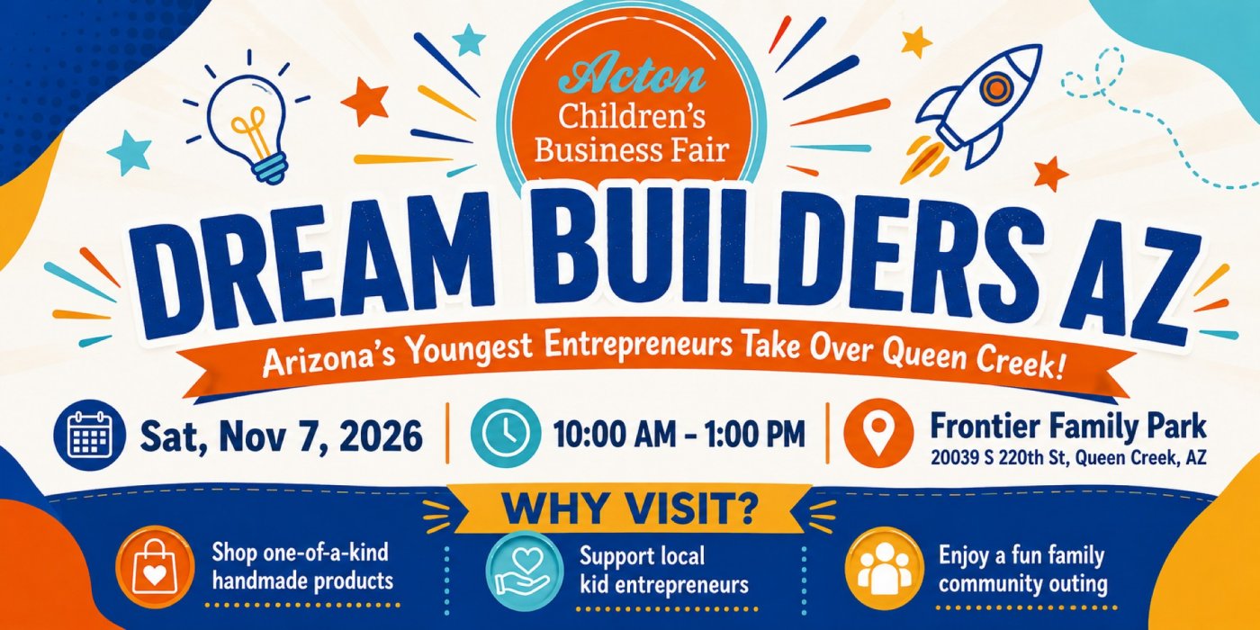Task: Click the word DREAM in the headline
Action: [x=315, y=263]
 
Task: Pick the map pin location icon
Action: [x=879, y=434]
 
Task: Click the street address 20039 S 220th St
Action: [x=998, y=458]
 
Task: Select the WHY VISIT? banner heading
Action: [x=630, y=509]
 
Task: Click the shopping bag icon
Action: [x=155, y=565]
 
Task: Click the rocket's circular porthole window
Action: [x=995, y=88]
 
